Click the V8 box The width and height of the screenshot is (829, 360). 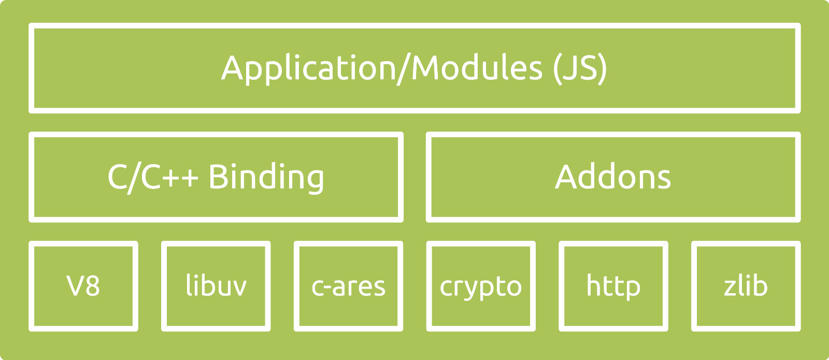(x=83, y=286)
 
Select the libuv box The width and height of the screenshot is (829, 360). (x=216, y=286)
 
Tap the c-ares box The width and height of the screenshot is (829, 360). (x=348, y=286)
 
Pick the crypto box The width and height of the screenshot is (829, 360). (x=481, y=286)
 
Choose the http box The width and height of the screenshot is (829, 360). (x=613, y=286)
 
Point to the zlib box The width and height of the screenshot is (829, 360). (x=746, y=286)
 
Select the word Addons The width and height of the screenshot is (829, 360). (x=613, y=177)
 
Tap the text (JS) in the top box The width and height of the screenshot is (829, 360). (x=580, y=69)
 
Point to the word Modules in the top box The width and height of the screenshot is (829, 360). (x=477, y=67)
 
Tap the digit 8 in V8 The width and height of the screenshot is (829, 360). (x=92, y=285)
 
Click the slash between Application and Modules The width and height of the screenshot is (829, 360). (x=404, y=69)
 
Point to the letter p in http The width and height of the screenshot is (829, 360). (x=632, y=291)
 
